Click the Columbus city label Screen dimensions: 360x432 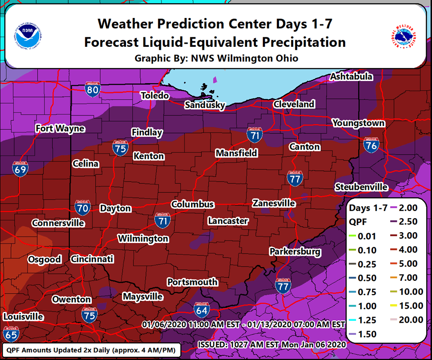click(x=192, y=204)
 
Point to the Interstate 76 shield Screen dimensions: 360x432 click(x=371, y=145)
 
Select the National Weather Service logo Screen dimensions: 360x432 click(x=403, y=34)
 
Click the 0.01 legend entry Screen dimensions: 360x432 click(x=365, y=236)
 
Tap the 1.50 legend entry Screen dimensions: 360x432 click(x=365, y=334)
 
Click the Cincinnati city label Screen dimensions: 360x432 click(x=92, y=259)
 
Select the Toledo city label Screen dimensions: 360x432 click(x=154, y=96)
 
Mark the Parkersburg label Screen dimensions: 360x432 click(x=295, y=252)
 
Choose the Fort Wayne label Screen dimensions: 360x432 click(x=60, y=129)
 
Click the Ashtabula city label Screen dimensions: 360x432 click(x=351, y=77)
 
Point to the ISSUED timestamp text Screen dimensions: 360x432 click(x=271, y=345)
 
